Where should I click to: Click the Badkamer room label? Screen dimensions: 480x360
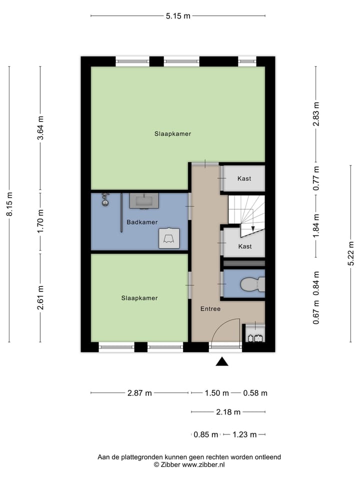tap(142, 222)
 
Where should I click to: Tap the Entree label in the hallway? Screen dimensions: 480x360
tap(210, 309)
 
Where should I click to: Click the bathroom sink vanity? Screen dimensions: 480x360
tap(144, 200)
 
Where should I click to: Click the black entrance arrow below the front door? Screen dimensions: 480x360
tap(222, 362)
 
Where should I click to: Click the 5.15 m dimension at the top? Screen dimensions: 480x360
tap(178, 15)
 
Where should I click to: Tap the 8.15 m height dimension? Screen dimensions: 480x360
tap(9, 204)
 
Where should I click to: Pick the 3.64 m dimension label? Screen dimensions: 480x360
tap(40, 128)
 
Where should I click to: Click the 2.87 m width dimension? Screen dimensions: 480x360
tap(139, 393)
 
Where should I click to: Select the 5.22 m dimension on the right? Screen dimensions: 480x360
tap(351, 254)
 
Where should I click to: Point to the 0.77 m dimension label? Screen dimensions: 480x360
tap(316, 178)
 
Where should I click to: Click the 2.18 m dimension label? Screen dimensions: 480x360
tap(228, 412)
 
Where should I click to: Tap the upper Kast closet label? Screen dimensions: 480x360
tap(244, 178)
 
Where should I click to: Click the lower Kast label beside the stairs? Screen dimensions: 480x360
tap(244, 246)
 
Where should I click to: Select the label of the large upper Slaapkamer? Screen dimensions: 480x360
tap(172, 133)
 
